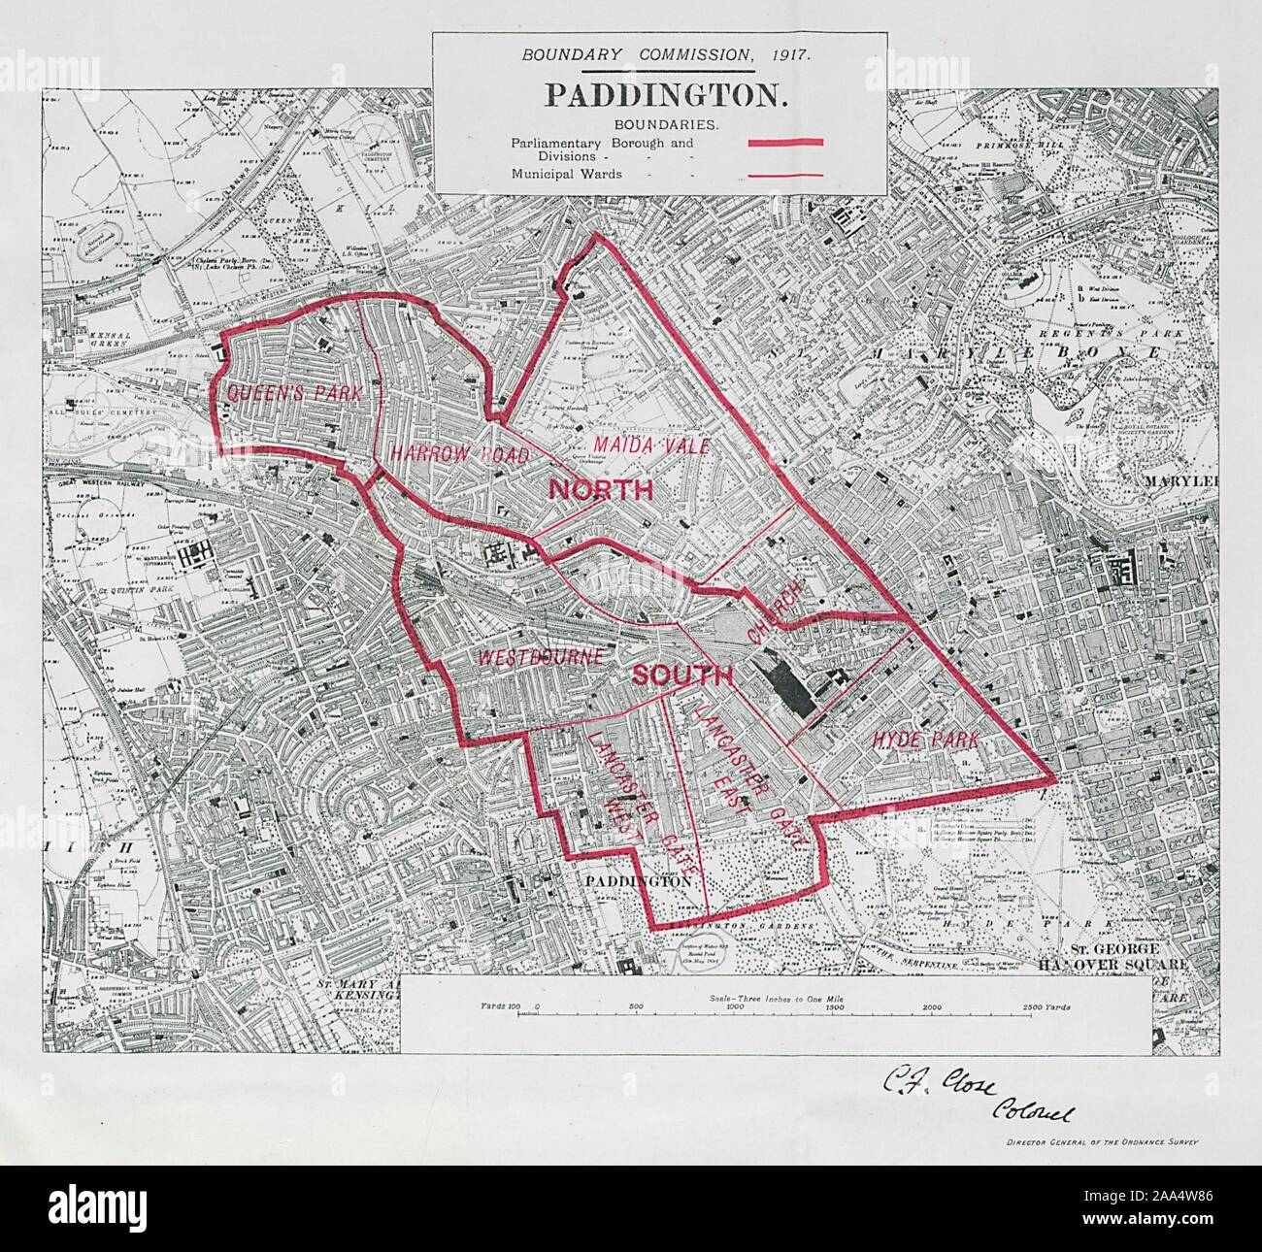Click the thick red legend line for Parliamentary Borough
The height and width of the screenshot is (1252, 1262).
tap(785, 143)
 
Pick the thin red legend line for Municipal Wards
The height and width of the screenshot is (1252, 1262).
tap(785, 175)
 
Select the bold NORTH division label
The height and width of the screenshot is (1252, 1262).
tap(601, 490)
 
